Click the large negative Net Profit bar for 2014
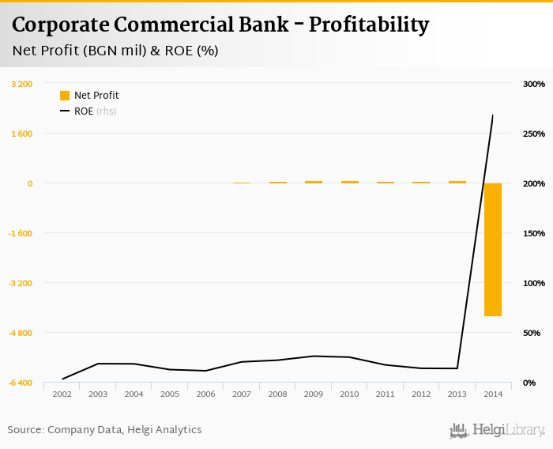[x=493, y=249]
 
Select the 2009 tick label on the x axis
[x=314, y=394]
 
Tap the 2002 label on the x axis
[x=62, y=394]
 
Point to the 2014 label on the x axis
[x=493, y=394]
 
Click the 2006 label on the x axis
[x=205, y=394]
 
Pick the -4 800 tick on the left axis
[x=21, y=333]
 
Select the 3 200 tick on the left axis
[x=22, y=84]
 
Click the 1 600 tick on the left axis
[x=22, y=134]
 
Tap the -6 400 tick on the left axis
[x=21, y=383]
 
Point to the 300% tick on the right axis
[x=534, y=84]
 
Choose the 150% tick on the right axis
[x=534, y=233]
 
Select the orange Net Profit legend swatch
[x=65, y=96]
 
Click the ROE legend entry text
[x=84, y=111]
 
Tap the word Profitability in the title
[x=369, y=25]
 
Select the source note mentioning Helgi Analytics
[x=104, y=430]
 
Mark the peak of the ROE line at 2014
[x=493, y=115]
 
